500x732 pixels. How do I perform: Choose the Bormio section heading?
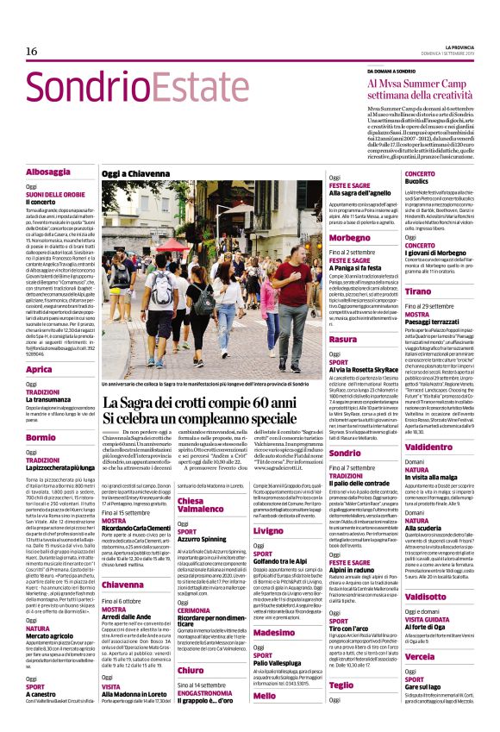click(41, 438)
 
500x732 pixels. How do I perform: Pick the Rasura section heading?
click(343, 340)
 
